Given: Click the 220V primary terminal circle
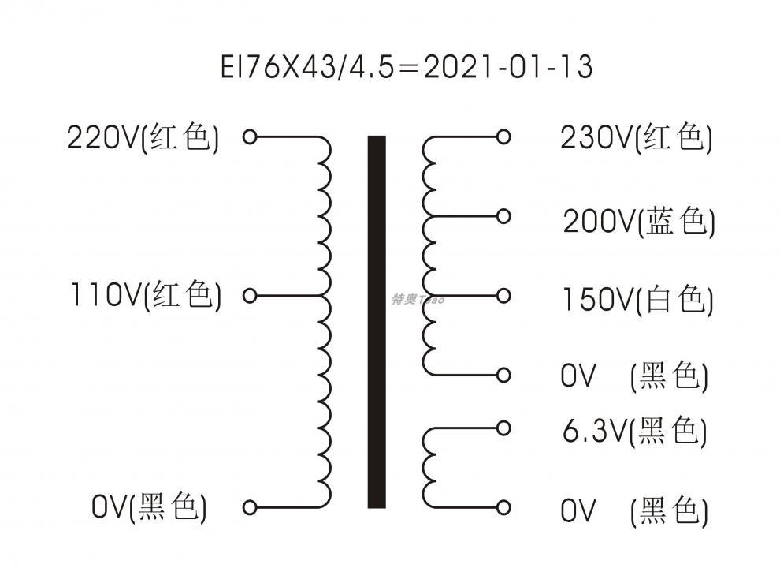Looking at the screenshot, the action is pyautogui.click(x=250, y=137).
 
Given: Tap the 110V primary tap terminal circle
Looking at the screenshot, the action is pyautogui.click(x=250, y=296).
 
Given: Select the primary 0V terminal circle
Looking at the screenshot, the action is pyautogui.click(x=250, y=507).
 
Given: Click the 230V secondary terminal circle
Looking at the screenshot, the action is pyautogui.click(x=504, y=137).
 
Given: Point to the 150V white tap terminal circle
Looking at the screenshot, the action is pyautogui.click(x=504, y=296).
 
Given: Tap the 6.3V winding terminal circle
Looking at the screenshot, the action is pyautogui.click(x=504, y=428).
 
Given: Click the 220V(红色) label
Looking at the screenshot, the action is pyautogui.click(x=143, y=138).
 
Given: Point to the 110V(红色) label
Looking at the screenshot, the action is pyautogui.click(x=146, y=297).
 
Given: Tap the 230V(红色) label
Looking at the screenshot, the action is pyautogui.click(x=637, y=138).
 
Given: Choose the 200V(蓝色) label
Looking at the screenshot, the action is pyautogui.click(x=639, y=222).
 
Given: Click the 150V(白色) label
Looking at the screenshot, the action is pyautogui.click(x=637, y=300).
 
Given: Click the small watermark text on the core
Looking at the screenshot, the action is pyautogui.click(x=418, y=299).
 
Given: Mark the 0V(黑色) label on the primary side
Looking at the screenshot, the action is pyautogui.click(x=149, y=507).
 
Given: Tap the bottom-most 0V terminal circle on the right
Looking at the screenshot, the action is pyautogui.click(x=504, y=507).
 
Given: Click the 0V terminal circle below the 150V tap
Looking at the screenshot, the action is pyautogui.click(x=504, y=374).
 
